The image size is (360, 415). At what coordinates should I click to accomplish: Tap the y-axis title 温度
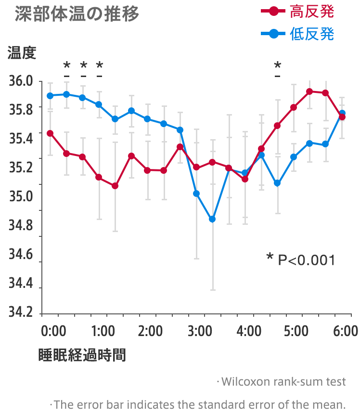coord(22,52)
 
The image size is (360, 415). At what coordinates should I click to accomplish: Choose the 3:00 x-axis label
coord(200,332)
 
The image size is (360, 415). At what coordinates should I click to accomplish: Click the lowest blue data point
coord(212,219)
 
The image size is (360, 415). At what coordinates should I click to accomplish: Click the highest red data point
coord(309,91)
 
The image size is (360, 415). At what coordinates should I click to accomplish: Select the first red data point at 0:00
coord(50,133)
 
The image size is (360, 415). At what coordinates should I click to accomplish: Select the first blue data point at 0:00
coord(50,95)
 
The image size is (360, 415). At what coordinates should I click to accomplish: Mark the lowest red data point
coord(115,186)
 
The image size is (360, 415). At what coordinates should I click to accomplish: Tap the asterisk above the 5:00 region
coord(277,65)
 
